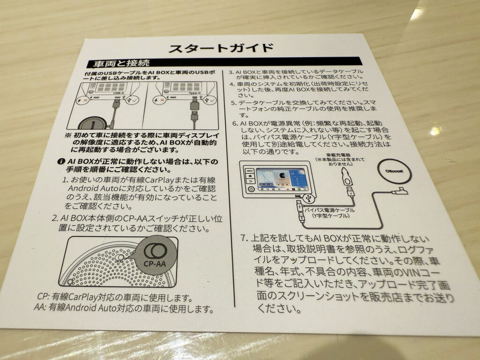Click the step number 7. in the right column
coord(244,238)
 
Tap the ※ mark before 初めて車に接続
coord(68,134)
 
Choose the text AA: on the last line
coord(41,308)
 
